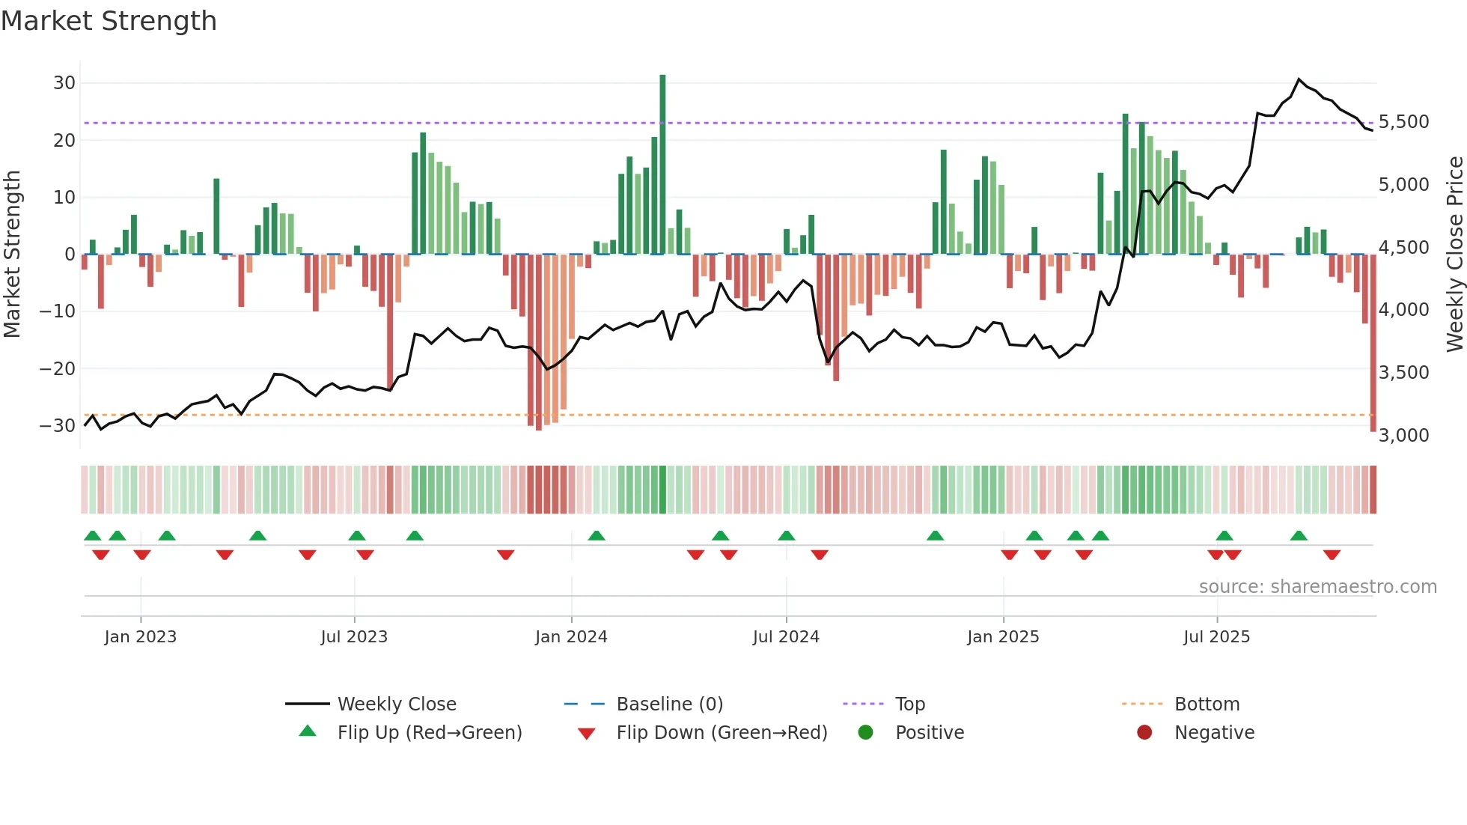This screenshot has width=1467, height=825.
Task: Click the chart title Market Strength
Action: coord(109,21)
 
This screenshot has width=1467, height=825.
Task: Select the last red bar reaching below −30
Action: coord(1373,344)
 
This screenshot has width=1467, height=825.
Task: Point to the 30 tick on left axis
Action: coord(64,83)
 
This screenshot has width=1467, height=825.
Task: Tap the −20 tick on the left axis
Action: coord(58,368)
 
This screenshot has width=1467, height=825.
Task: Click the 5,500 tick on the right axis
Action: coord(1403,122)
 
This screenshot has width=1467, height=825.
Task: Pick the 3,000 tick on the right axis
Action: coord(1403,436)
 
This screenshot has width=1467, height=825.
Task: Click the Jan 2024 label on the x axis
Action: coord(571,637)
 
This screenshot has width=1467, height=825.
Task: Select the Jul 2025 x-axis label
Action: coord(1216,637)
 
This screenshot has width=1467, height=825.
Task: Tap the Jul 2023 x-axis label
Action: coord(354,637)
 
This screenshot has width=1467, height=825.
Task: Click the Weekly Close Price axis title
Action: coord(1454,255)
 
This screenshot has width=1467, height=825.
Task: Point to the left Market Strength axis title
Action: coord(12,255)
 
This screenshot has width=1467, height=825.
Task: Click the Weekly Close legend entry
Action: coord(396,704)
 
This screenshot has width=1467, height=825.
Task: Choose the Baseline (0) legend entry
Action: coord(669,704)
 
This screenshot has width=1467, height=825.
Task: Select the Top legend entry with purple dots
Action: coord(909,704)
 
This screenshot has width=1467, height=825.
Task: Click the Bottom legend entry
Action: coord(1207,704)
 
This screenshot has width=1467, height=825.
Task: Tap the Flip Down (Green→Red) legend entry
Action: coord(721,733)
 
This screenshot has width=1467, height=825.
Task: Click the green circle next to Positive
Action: coord(865,733)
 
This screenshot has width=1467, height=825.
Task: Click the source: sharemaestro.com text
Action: coord(1317,587)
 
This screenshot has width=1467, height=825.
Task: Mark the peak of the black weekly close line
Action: coord(1299,79)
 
